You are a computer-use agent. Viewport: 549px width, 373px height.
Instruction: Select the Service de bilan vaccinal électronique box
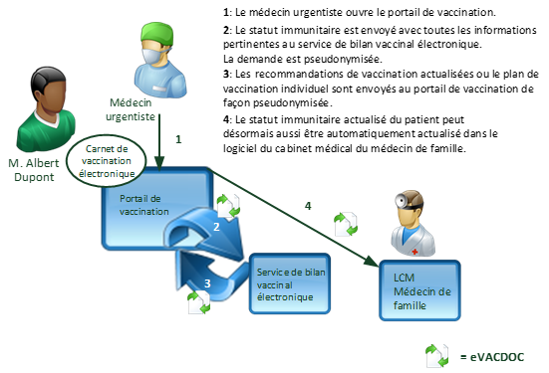click(289, 282)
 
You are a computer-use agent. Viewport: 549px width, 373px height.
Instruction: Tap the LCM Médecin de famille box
click(419, 289)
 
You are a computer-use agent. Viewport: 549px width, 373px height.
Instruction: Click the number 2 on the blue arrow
click(216, 228)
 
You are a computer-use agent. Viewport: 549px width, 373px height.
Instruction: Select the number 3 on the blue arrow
click(207, 282)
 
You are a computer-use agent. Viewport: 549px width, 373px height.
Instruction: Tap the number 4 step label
click(308, 206)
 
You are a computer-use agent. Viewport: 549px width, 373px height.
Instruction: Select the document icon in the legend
click(436, 355)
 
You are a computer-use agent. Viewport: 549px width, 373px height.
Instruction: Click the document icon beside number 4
click(346, 223)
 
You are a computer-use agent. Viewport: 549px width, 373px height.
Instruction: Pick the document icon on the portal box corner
click(229, 207)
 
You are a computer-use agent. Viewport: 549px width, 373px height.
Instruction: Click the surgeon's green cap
click(156, 33)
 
